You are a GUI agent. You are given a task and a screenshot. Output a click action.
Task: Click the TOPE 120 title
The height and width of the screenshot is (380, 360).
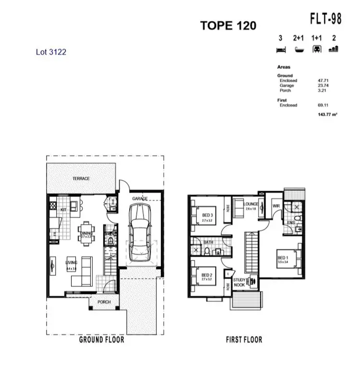228,25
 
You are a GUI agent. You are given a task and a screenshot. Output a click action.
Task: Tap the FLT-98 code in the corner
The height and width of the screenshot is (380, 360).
325,19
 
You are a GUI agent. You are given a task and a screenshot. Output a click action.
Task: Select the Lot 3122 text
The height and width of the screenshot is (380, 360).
51,52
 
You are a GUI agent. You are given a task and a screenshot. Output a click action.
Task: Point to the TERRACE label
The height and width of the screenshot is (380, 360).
81,179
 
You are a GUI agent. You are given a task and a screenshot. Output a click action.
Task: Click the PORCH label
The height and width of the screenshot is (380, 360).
104,302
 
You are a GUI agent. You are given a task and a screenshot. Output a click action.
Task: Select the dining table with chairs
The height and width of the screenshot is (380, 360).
86,233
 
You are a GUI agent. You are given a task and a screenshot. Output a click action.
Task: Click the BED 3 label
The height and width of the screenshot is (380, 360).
207,215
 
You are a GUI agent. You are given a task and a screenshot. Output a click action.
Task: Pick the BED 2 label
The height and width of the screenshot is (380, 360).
207,276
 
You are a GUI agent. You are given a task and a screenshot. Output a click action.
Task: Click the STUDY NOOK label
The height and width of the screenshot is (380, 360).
239,282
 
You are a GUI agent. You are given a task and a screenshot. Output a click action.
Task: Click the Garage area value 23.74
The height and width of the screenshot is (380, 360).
323,85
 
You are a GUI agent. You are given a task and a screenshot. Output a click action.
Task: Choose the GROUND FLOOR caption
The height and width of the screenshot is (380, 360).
101,340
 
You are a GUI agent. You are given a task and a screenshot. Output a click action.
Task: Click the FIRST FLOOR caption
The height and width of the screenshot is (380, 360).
244,340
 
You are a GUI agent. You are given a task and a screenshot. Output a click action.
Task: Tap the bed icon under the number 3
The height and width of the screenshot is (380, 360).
280,49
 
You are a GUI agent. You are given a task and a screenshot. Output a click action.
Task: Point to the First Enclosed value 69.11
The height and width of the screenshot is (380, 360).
323,105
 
